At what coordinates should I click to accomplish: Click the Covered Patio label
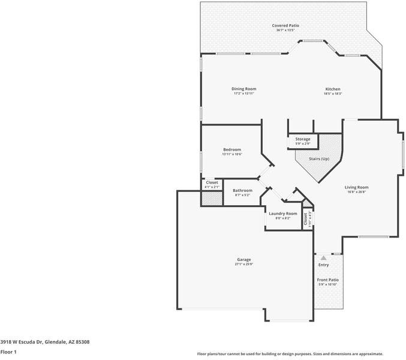285,25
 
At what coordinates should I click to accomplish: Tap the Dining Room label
244,89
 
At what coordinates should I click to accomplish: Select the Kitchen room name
333,89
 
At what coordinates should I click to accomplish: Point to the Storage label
303,139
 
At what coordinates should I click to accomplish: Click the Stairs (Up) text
319,159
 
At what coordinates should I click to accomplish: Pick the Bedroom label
232,149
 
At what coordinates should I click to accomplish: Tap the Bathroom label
243,190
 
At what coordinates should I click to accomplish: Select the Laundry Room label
283,213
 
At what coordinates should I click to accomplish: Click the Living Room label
356,187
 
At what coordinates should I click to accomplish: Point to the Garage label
243,259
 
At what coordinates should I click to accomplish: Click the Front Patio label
328,280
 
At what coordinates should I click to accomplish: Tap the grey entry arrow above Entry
323,257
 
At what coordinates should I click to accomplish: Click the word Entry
323,265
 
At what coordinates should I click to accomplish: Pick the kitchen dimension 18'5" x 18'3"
333,94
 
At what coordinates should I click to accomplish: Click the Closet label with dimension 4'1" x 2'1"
212,182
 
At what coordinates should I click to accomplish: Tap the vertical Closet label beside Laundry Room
306,219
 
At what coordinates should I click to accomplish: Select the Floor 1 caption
8,352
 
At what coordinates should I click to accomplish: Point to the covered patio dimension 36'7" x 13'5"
285,30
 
